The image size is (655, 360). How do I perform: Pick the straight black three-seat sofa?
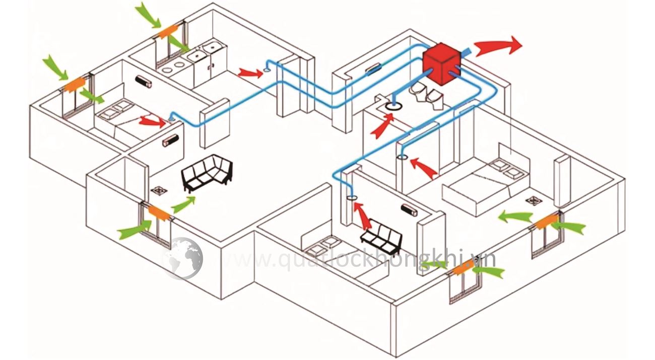(381, 238)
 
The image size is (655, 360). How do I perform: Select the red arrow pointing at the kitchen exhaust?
(250, 73)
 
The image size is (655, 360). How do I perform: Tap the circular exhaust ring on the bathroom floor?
(394, 106)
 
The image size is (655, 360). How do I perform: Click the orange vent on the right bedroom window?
(545, 221)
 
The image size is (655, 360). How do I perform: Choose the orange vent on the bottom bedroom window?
(462, 270)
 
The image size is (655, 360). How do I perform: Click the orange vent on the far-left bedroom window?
(74, 84)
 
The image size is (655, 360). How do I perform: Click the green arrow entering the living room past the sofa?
(183, 204)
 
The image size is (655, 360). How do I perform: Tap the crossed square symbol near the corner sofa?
(160, 191)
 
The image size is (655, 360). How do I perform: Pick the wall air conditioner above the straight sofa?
(410, 209)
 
